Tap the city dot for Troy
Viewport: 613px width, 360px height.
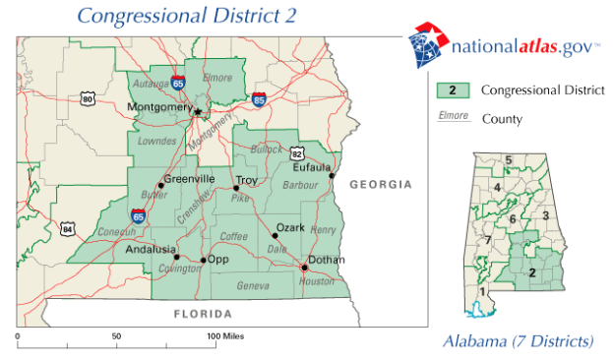click(236, 188)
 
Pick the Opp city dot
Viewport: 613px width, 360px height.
click(204, 261)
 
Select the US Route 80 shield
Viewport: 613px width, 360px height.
click(88, 99)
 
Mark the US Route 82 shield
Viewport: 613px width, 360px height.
click(296, 153)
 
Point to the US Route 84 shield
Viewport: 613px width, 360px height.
click(67, 229)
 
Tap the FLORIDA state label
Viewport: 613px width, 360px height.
click(201, 315)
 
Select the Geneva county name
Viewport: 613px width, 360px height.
click(255, 285)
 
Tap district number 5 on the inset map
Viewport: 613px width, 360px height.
click(509, 159)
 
